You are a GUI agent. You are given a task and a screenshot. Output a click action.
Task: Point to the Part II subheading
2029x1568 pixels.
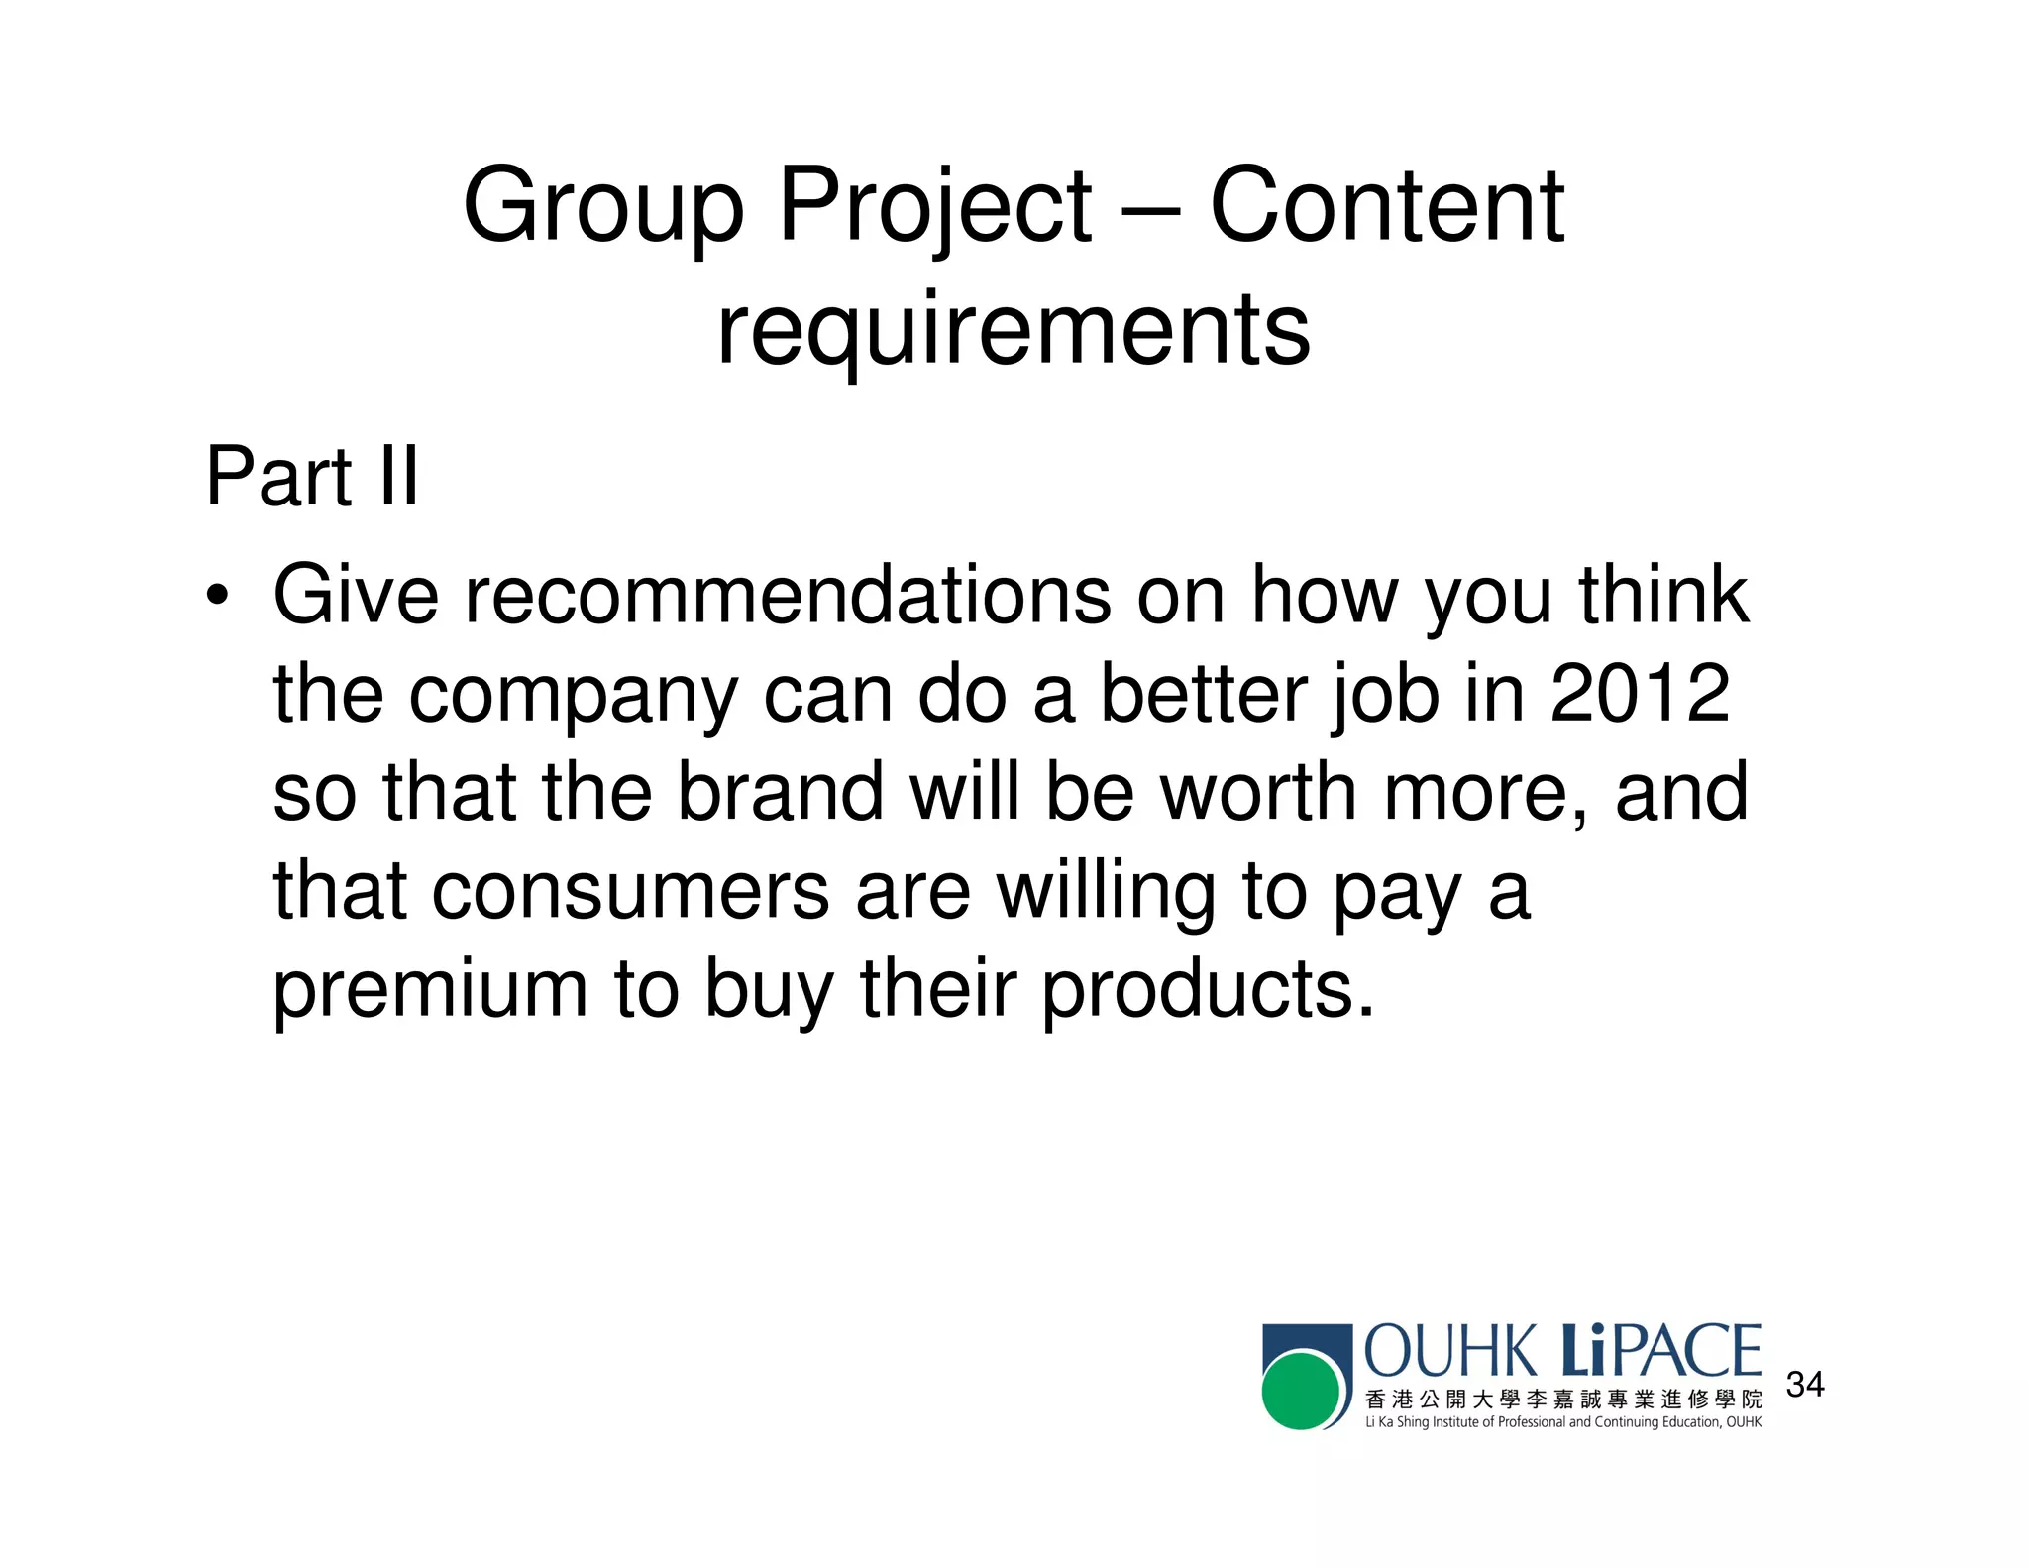click(312, 477)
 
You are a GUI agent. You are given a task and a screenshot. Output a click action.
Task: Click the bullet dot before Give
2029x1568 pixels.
click(217, 597)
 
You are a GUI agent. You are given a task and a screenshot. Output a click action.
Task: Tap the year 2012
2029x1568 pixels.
click(1640, 693)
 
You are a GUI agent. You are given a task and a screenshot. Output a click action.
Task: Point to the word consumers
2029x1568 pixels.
click(630, 890)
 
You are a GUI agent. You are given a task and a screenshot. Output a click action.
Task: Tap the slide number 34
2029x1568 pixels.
click(1804, 1384)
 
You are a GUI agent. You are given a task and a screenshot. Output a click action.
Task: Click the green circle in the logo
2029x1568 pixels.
click(1300, 1391)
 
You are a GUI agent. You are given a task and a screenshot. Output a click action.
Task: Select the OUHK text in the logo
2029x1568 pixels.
click(1449, 1352)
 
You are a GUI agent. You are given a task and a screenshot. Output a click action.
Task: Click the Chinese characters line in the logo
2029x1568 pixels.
click(1562, 1400)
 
